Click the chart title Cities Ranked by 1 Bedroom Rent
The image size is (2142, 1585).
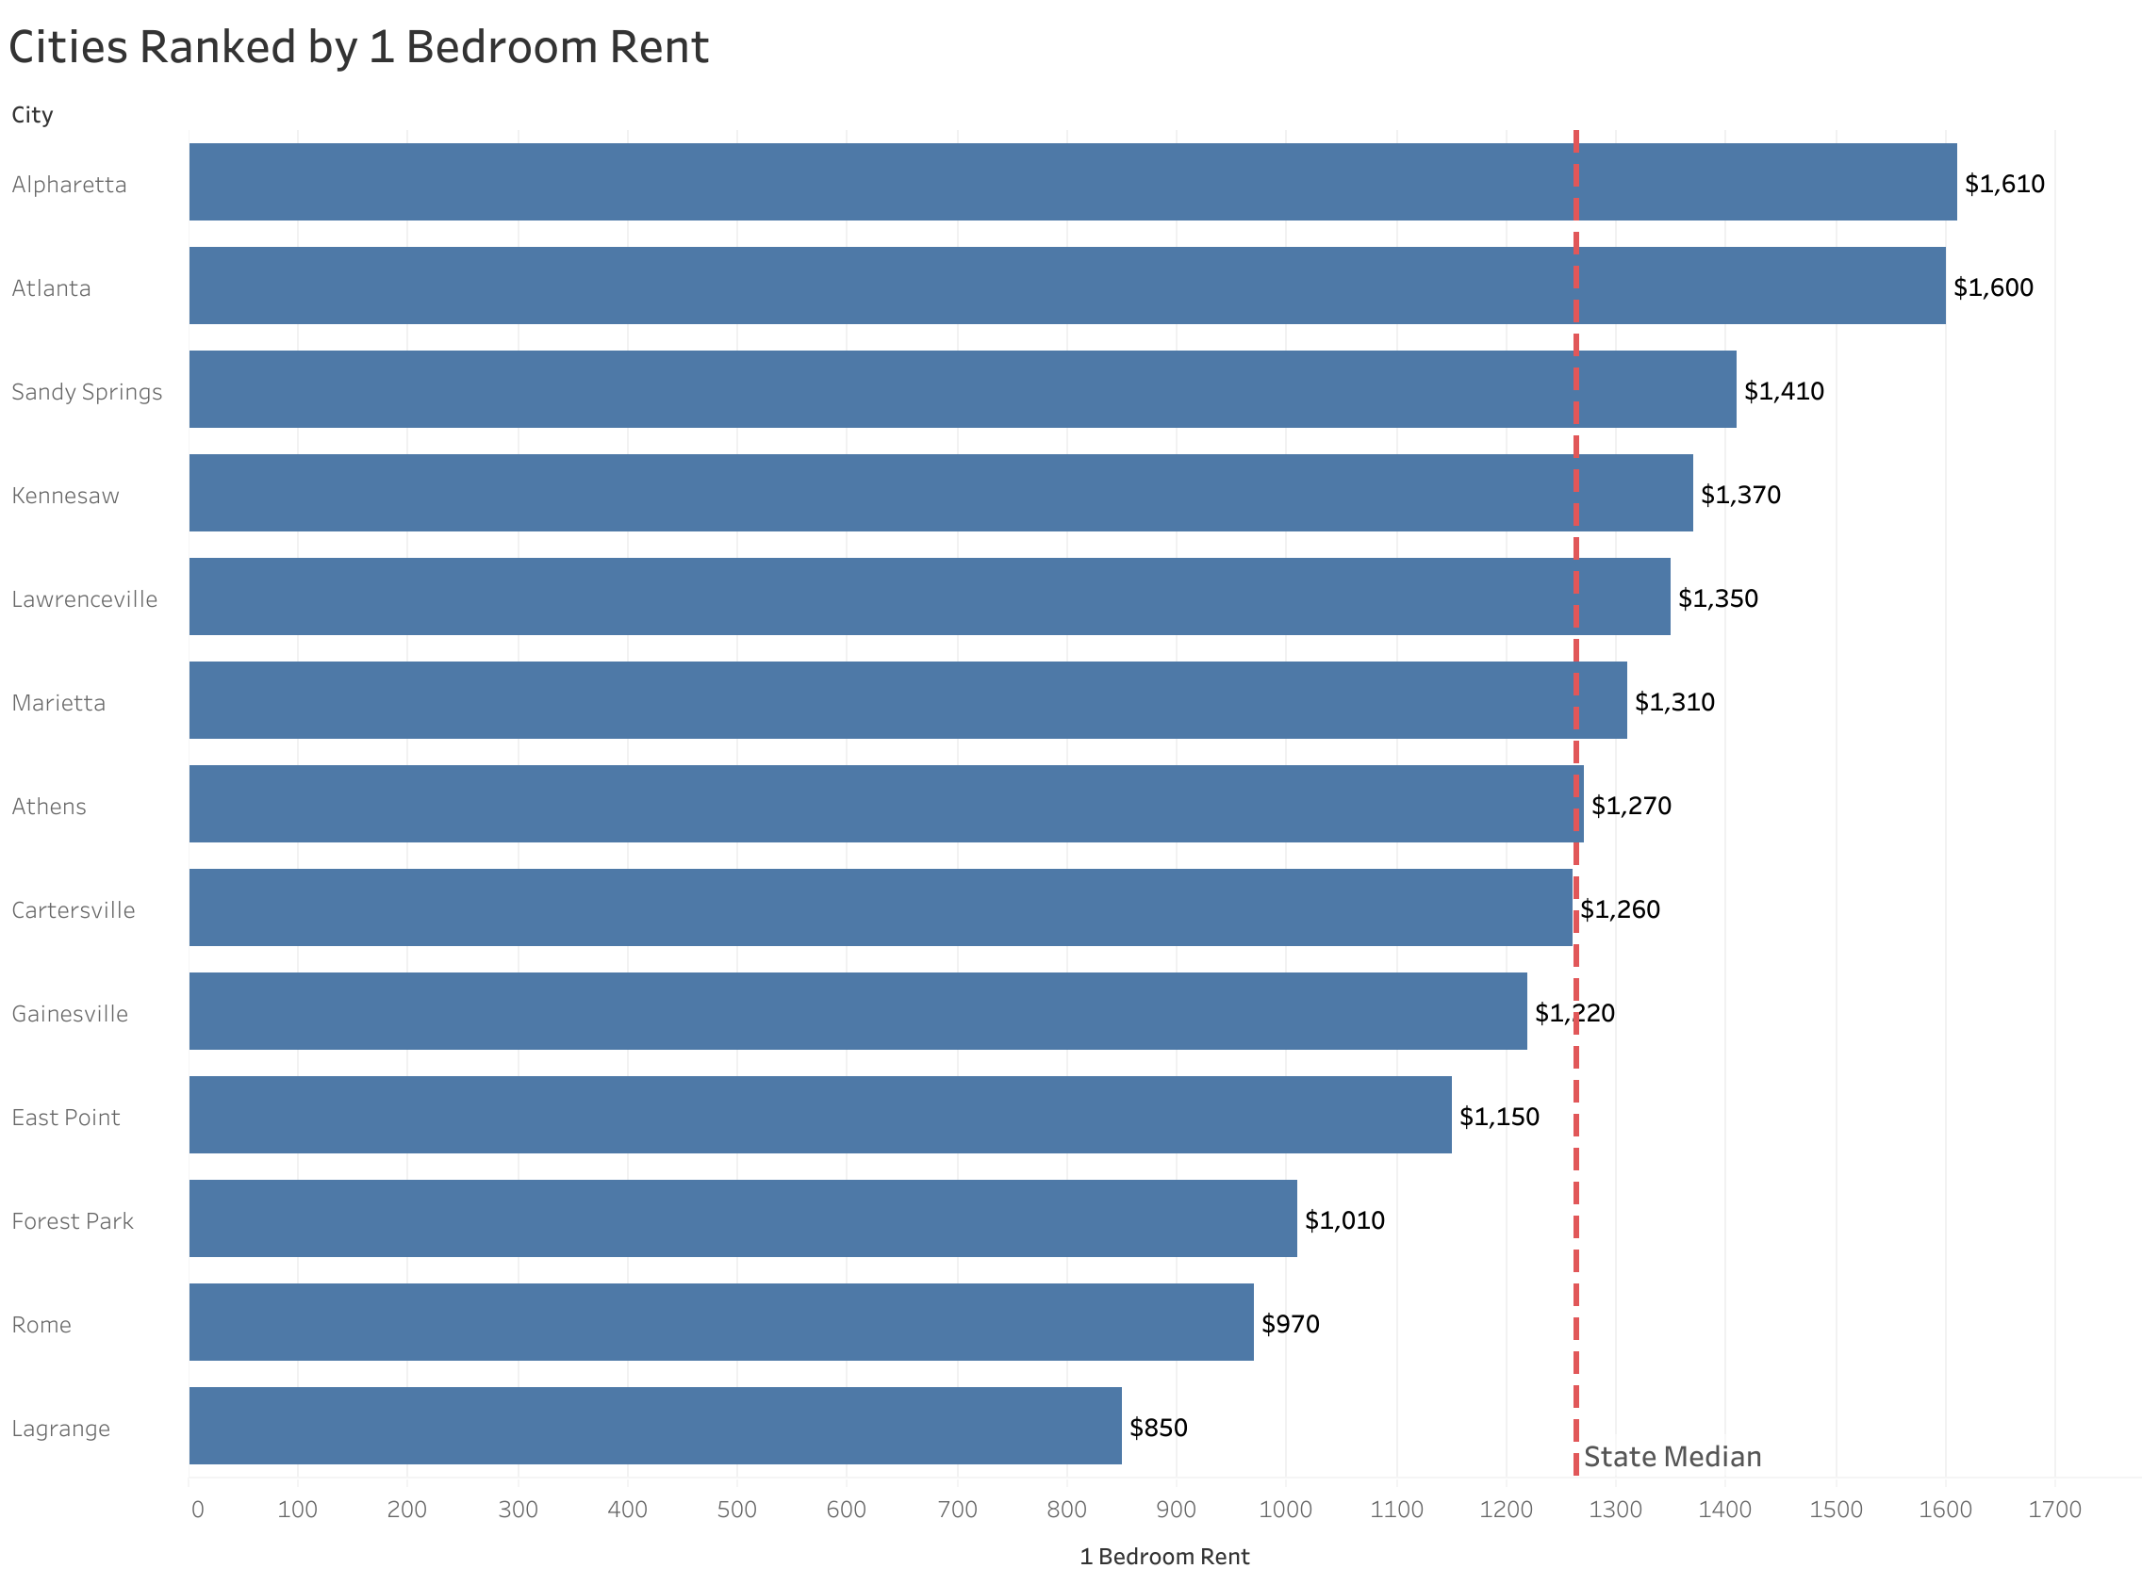(358, 48)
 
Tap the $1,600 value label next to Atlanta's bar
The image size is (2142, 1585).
(1992, 286)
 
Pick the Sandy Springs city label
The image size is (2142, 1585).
(87, 391)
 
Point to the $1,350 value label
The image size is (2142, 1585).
(1717, 598)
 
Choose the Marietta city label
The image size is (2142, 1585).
(58, 702)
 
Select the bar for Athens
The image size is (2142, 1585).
(882, 804)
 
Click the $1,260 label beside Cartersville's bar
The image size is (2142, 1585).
(1620, 909)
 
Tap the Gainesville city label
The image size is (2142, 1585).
(69, 1014)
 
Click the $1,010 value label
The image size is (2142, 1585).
(1343, 1220)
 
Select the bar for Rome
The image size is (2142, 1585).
(719, 1322)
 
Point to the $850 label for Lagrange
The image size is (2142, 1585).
(1158, 1428)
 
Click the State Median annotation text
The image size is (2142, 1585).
(1671, 1457)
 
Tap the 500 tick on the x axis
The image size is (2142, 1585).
(737, 1511)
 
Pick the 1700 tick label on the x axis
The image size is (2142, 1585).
(2053, 1511)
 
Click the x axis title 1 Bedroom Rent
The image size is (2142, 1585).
(1163, 1557)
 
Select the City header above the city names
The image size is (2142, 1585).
(32, 115)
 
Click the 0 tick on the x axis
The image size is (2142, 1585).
(197, 1511)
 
